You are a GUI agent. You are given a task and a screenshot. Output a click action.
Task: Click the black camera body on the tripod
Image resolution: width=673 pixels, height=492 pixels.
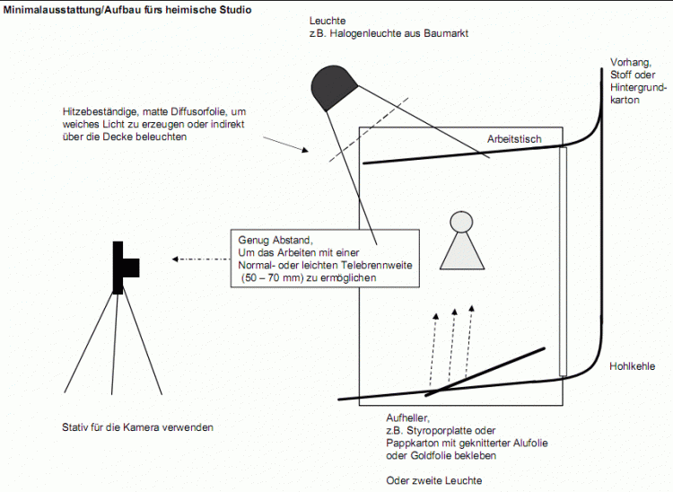118,267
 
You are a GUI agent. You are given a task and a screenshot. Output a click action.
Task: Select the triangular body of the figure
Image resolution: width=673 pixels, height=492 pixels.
461,252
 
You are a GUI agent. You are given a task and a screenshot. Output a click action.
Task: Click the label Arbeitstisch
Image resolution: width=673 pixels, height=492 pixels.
515,140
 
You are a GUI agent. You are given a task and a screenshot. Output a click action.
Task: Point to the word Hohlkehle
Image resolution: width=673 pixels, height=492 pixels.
632,366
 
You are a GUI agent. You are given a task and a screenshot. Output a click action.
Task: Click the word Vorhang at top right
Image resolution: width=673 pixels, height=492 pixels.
627,62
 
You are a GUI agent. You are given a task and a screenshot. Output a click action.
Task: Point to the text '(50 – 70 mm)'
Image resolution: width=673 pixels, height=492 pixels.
272,279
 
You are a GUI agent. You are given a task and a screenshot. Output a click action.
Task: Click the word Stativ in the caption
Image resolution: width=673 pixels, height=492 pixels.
75,427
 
